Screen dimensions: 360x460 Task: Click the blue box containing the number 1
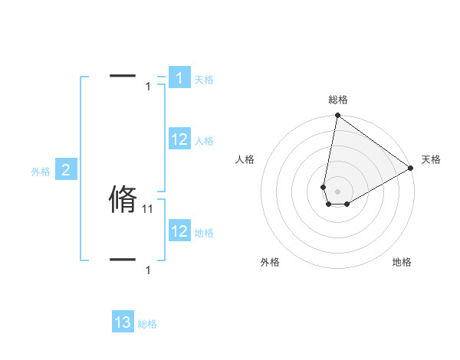pos(179,77)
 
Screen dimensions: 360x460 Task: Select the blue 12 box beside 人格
pos(179,139)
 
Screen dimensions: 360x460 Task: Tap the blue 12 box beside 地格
pos(179,231)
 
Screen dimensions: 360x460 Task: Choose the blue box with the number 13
pos(123,322)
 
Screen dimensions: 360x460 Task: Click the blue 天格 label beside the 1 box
pos(204,80)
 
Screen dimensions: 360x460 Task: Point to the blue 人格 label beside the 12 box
pos(204,141)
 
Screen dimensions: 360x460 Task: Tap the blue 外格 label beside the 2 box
pos(41,172)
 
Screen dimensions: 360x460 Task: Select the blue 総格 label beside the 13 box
pos(147,324)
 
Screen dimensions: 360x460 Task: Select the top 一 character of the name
pos(123,76)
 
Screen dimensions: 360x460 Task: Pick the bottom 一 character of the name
pos(123,260)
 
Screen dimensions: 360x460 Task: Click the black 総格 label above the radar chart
pos(338,100)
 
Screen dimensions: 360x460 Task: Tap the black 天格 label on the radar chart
pos(431,159)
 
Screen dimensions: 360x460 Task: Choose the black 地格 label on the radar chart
pos(402,262)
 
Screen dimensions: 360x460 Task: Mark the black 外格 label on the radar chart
pos(270,262)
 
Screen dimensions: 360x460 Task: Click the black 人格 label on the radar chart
pos(245,159)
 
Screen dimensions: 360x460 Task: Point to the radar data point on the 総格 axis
pos(337,116)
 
